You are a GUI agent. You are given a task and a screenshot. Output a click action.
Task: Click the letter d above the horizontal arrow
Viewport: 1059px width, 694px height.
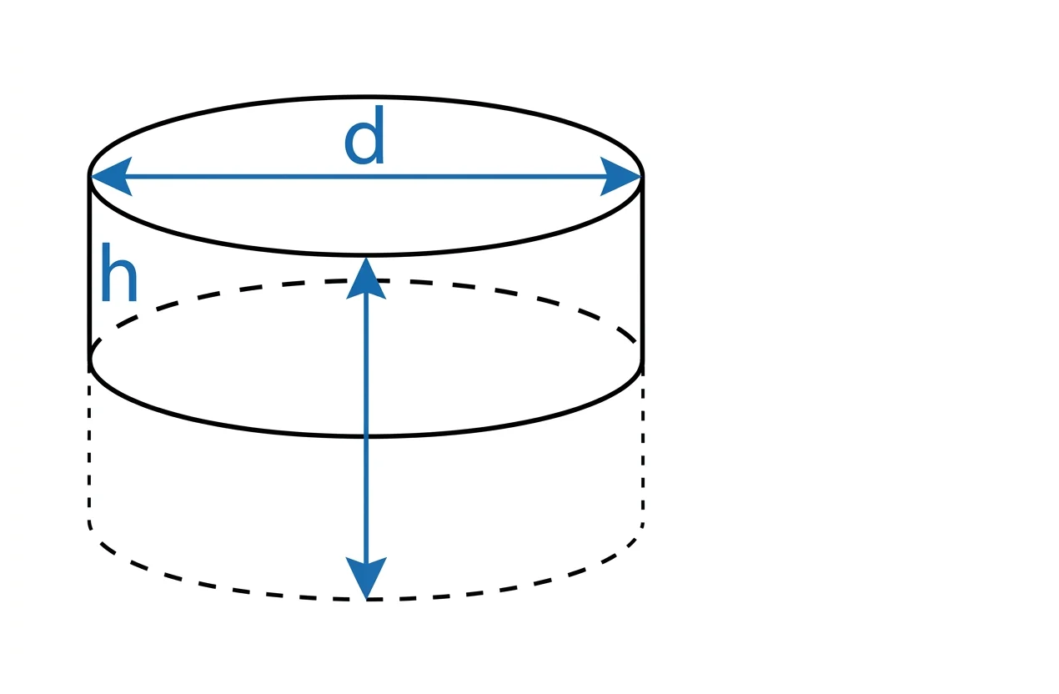tap(365, 138)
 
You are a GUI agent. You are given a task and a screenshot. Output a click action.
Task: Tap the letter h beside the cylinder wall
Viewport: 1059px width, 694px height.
tap(118, 274)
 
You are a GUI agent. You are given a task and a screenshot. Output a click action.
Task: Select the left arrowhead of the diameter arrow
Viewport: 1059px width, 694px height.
tap(108, 177)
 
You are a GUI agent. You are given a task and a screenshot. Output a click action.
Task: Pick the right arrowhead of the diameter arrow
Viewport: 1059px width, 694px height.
tap(622, 177)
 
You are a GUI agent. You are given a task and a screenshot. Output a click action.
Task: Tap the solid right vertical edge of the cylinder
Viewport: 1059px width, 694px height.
tap(642, 267)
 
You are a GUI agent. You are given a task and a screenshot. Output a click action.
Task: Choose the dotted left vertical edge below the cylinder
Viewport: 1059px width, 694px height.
tap(89, 450)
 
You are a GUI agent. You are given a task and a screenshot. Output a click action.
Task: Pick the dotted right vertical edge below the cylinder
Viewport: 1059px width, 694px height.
tap(643, 450)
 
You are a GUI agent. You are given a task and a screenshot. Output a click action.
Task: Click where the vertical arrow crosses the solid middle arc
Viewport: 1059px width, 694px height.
tap(366, 435)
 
